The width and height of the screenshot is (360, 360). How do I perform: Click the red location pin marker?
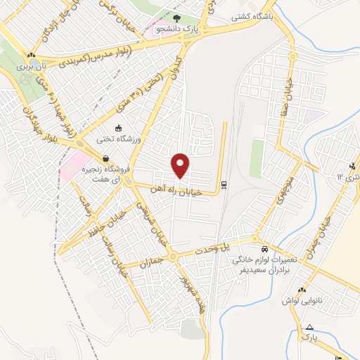(181, 165)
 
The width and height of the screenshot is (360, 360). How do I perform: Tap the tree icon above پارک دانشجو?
(177, 18)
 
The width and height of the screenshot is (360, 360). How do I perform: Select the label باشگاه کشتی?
(252, 19)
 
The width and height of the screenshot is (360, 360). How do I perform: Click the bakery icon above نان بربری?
(30, 54)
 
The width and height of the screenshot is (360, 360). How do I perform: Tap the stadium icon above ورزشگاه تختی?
(117, 128)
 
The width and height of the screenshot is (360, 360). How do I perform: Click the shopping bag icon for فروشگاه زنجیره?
(105, 158)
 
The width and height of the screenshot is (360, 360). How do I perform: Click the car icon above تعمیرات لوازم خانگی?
(264, 250)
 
